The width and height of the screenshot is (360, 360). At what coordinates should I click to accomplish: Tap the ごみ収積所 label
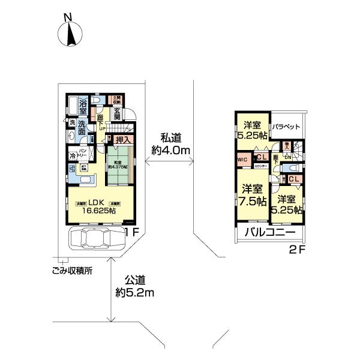pos(72,270)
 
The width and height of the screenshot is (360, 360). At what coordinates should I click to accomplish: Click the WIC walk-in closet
pos(242,160)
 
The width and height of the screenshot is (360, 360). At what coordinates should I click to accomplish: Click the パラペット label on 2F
pos(286,127)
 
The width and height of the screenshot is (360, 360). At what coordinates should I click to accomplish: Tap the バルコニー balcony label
pos(269,232)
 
